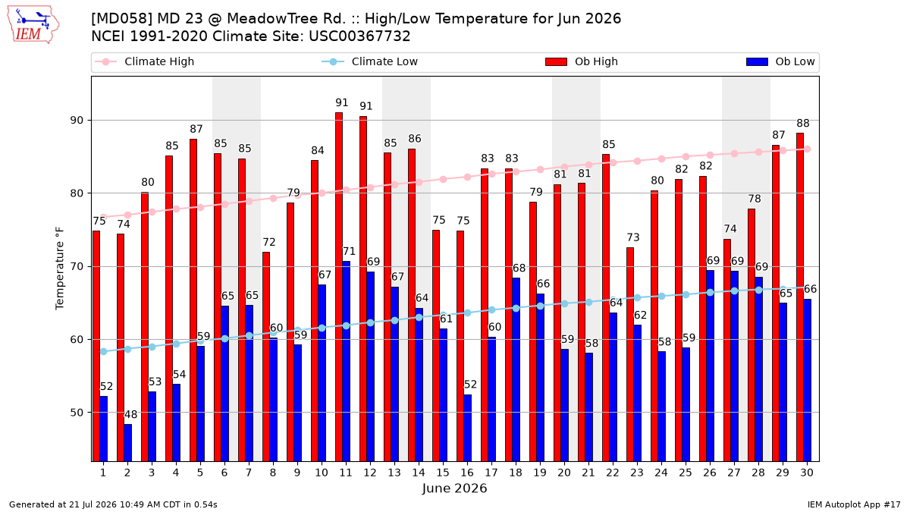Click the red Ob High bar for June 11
339,287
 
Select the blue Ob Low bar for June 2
128,443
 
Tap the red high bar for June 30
800,297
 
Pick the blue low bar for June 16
468,428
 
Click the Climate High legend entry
144,61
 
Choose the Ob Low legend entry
780,61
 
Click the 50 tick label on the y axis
77,413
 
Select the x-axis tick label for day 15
443,473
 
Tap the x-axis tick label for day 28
758,473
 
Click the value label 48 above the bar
130,414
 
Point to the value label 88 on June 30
803,123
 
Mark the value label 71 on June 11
349,251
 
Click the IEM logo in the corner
33,25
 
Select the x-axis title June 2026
454,488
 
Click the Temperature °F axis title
60,269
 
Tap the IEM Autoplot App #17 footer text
854,504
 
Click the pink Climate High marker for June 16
468,177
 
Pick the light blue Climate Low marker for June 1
104,351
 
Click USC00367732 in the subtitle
359,36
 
